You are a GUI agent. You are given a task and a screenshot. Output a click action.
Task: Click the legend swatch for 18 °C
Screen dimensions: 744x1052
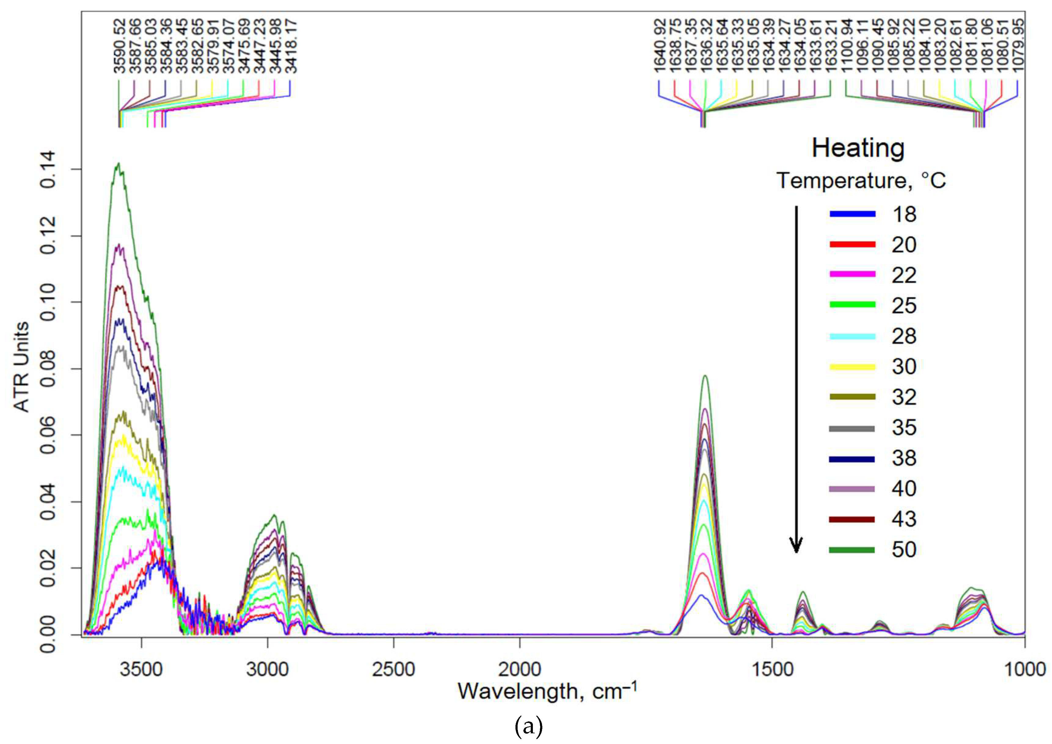(x=852, y=214)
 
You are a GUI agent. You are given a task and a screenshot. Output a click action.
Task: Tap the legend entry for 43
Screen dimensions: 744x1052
(x=904, y=519)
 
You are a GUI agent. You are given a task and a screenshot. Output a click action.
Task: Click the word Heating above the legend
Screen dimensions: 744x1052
(x=858, y=148)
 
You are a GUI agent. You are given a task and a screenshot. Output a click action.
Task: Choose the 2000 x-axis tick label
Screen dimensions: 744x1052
(x=519, y=670)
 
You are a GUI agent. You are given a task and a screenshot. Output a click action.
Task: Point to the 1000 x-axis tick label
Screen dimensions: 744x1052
(x=1025, y=670)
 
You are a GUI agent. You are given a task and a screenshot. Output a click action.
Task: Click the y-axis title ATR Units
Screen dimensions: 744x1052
(x=21, y=367)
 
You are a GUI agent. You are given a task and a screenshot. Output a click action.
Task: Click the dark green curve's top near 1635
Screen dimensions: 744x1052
(x=705, y=376)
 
